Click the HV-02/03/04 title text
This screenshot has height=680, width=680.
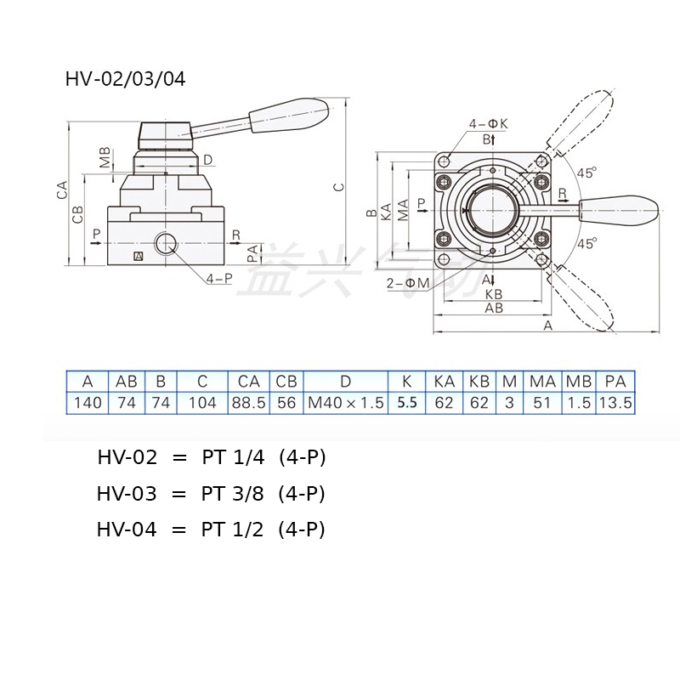click(125, 80)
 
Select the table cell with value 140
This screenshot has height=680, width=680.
click(88, 403)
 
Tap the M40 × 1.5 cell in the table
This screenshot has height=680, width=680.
click(346, 403)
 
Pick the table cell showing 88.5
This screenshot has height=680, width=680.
click(248, 403)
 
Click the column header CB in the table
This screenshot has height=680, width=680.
click(286, 382)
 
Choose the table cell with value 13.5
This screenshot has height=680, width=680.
click(615, 403)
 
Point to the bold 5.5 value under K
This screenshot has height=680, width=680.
click(406, 403)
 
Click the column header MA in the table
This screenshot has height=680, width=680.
click(542, 382)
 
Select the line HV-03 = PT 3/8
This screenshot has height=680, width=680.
click(211, 494)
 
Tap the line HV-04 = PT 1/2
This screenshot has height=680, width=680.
click(211, 530)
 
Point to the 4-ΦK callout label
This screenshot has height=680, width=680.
click(488, 124)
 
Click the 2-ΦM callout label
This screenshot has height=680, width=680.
click(406, 282)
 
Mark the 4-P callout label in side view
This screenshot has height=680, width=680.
click(218, 278)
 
